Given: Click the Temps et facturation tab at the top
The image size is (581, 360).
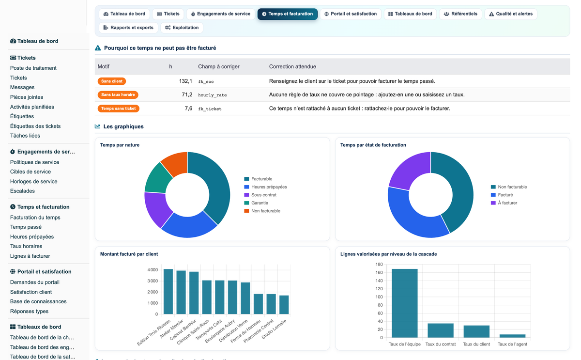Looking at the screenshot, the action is [288, 14].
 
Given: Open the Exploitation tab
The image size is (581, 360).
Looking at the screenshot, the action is [182, 28].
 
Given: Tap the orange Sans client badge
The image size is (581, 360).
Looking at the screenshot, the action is [112, 81].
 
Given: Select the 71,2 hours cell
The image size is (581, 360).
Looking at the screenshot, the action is [187, 95].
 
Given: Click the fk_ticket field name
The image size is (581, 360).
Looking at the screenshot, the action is [210, 109].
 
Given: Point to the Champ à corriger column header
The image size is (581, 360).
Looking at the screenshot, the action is [219, 67].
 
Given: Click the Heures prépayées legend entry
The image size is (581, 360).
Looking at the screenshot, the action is [265, 187].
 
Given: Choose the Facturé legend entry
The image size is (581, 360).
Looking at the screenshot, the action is [502, 195].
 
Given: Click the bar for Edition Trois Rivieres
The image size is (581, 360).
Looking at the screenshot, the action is [168, 292].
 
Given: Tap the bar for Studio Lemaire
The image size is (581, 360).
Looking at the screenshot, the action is [284, 305].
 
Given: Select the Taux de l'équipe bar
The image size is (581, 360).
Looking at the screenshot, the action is [405, 303].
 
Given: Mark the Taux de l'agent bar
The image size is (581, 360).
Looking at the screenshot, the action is [512, 336].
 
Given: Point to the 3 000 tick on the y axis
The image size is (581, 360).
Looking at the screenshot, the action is [153, 281].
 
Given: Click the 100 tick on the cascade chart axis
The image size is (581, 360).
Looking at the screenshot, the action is [379, 297].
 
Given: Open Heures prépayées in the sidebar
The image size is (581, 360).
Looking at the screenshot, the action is [32, 237].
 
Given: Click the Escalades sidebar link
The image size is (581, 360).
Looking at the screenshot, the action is [22, 191].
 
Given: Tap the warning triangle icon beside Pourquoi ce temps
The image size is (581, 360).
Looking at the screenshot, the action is [98, 48].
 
